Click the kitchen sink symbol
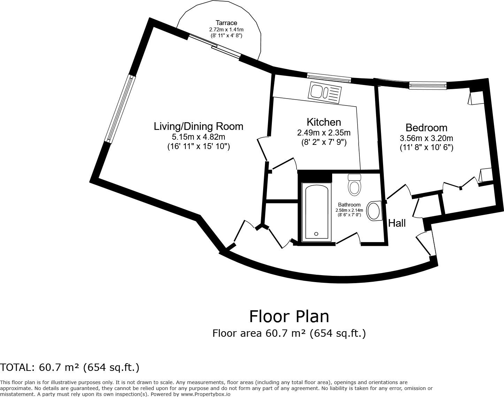[x=325, y=93]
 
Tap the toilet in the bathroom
[x=354, y=185]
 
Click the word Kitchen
[x=324, y=122]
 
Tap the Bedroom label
[x=426, y=128]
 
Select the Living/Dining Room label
[x=198, y=126]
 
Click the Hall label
[x=397, y=223]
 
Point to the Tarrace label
[x=226, y=23]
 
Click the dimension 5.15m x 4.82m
[x=198, y=137]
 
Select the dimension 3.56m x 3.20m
[x=426, y=138]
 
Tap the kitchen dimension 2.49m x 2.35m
[x=324, y=133]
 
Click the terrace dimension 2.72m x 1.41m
[x=226, y=30]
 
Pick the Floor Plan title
[x=289, y=317]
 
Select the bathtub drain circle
[x=316, y=234]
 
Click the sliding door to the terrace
[x=215, y=46]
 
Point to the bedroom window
[x=428, y=85]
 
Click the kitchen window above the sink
[x=329, y=78]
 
